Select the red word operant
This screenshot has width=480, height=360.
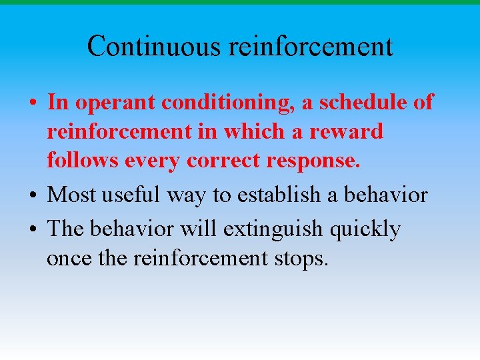[107, 103]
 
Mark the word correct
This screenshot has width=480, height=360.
[221, 161]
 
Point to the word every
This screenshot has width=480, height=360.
[152, 161]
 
